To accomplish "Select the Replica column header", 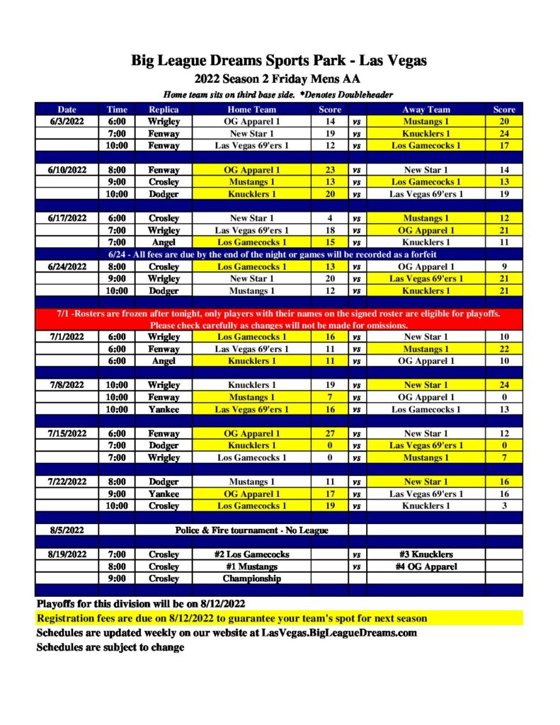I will click(x=164, y=110).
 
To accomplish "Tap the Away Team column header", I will click(x=426, y=110).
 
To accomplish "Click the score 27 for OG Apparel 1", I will click(x=330, y=434).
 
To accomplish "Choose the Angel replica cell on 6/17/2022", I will click(x=164, y=242).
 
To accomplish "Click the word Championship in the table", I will click(x=252, y=578).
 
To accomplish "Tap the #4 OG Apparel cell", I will click(x=426, y=566).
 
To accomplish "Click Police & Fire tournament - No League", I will click(x=251, y=530).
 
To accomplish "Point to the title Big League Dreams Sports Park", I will click(x=279, y=61).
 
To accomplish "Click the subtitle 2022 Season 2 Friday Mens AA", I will click(x=279, y=79).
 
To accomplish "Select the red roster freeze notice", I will click(x=279, y=319).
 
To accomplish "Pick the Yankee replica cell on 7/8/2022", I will click(x=164, y=409).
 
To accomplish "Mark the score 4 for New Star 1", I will click(x=330, y=218).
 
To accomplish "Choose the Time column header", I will click(x=117, y=110).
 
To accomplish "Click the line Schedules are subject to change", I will click(x=110, y=647).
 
